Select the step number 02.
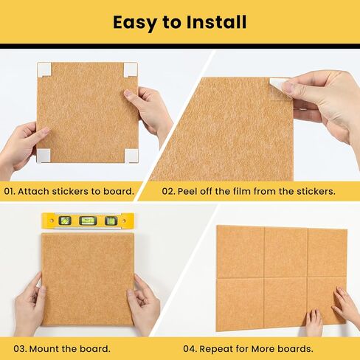pos(169,191)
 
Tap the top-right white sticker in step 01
pos(131,69)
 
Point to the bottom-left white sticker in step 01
pos(44,155)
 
